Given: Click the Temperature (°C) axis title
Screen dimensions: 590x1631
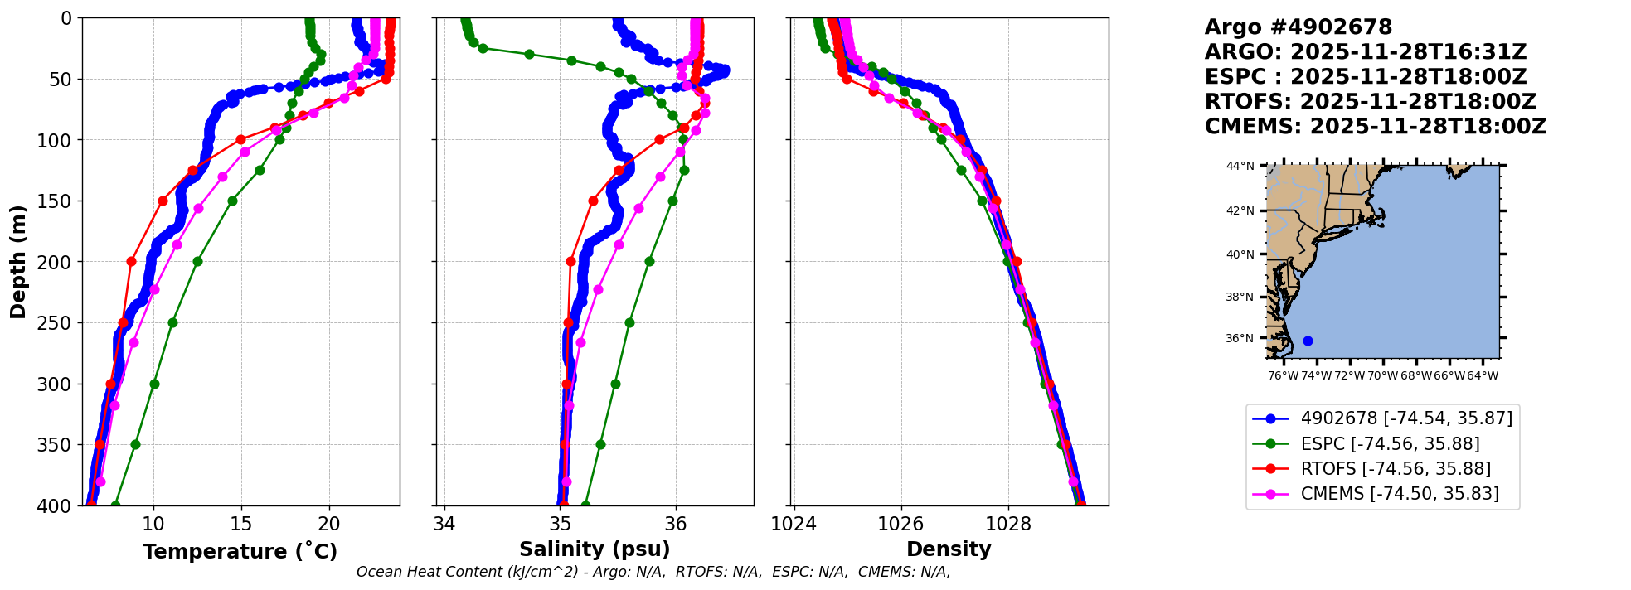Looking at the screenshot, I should click(240, 552).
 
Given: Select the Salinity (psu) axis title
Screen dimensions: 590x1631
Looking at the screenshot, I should click(595, 549).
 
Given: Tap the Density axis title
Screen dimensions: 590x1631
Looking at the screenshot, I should click(949, 549).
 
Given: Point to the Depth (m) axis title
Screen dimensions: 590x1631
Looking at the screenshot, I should click(18, 262).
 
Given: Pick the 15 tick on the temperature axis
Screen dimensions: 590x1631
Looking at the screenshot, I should click(241, 524).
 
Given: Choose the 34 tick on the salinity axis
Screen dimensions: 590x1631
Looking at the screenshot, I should click(444, 524).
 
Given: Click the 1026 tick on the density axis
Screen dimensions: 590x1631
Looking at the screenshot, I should click(900, 524).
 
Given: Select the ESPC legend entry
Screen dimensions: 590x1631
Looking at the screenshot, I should click(1390, 444).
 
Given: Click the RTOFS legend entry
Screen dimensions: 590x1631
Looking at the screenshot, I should click(1396, 469).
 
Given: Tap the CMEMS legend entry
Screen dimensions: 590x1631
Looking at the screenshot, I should click(1400, 494).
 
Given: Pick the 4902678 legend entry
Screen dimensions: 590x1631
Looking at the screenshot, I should click(1406, 418).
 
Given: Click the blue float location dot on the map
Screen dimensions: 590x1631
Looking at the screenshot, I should click(1308, 341).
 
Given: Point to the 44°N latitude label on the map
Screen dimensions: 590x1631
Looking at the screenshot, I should click(1240, 166).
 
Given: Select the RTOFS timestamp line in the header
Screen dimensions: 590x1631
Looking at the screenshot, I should click(1370, 102).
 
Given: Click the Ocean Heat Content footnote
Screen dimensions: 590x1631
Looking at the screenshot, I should click(653, 572).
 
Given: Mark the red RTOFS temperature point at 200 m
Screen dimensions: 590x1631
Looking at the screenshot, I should click(131, 261).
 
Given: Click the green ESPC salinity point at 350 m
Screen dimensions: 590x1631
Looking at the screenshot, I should click(600, 444).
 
